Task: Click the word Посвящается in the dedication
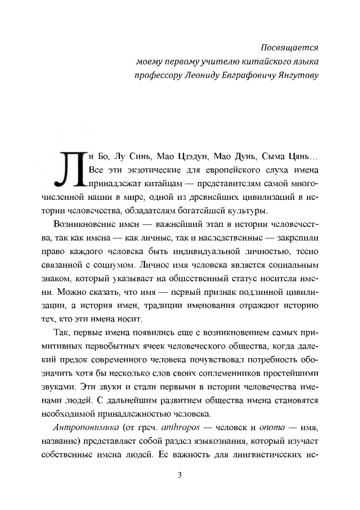tap(289, 48)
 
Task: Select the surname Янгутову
tap(298, 75)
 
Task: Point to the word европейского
tap(233, 170)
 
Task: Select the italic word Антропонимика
tap(86, 427)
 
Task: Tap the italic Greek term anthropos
tap(180, 427)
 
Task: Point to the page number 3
tap(180, 475)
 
